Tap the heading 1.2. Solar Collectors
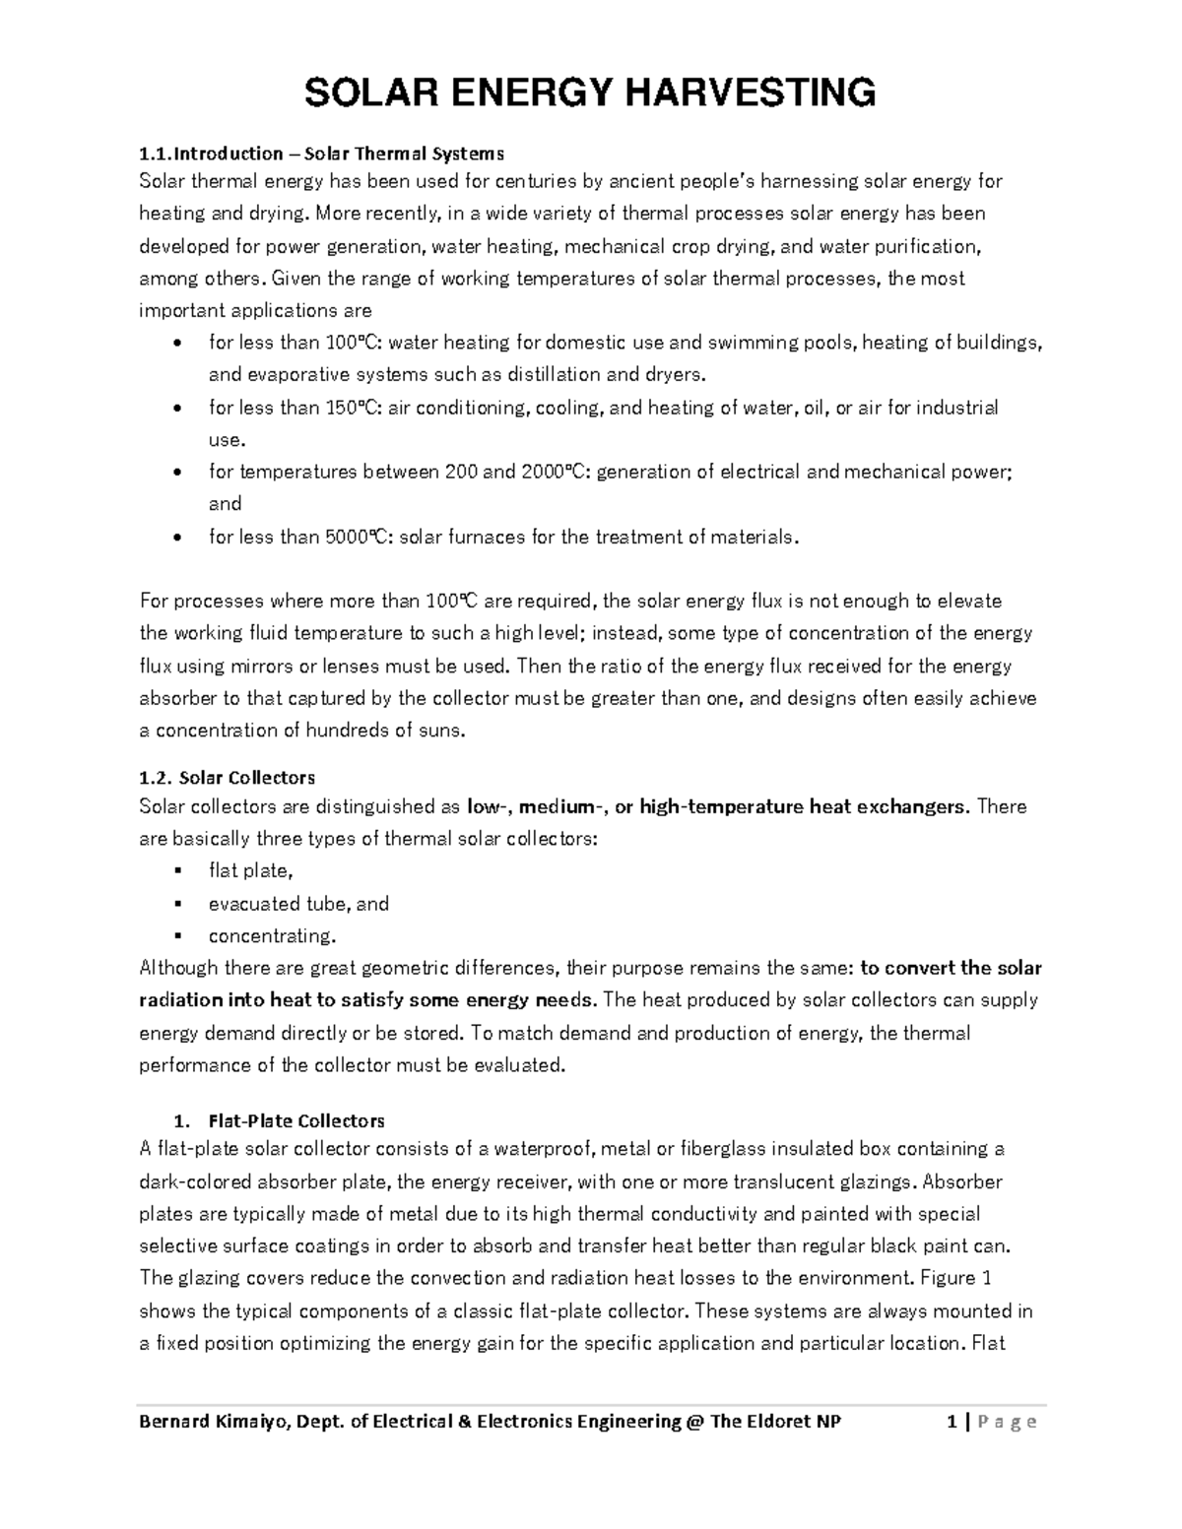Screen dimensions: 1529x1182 click(x=227, y=778)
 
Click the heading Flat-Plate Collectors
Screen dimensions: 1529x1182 click(x=295, y=1120)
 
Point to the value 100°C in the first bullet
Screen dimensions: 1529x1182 click(x=349, y=343)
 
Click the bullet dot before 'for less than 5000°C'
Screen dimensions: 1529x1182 click(x=176, y=538)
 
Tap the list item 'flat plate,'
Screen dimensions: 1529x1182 click(x=250, y=870)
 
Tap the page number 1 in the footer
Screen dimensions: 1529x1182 click(x=952, y=1421)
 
